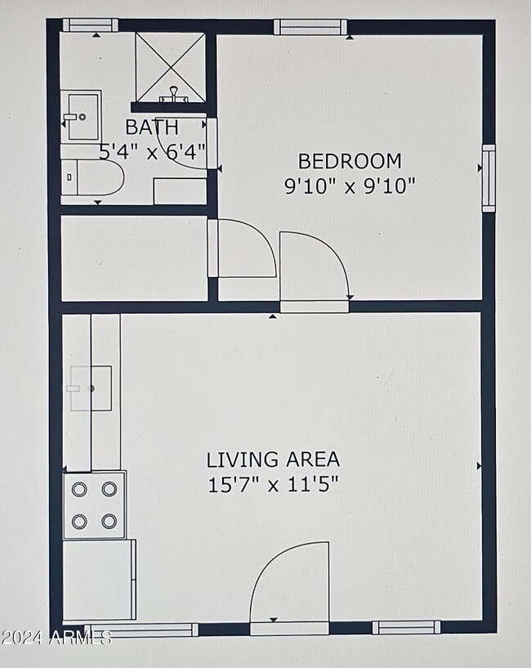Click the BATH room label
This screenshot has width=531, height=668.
click(x=152, y=127)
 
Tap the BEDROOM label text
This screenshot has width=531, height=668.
click(x=350, y=161)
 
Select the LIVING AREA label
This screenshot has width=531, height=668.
click(x=273, y=460)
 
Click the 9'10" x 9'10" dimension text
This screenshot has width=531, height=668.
click(x=350, y=186)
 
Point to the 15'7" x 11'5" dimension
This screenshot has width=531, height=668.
click(x=273, y=484)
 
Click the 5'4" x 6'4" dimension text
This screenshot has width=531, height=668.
click(x=152, y=151)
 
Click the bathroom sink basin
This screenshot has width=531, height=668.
click(x=83, y=116)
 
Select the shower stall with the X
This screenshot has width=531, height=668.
click(x=171, y=67)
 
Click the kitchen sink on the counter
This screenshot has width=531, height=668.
click(x=91, y=388)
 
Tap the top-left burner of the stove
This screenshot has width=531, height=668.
click(x=79, y=489)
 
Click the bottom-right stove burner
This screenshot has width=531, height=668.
click(x=109, y=521)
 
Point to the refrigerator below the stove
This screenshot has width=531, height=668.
click(x=99, y=580)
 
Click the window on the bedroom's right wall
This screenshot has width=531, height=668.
click(x=489, y=178)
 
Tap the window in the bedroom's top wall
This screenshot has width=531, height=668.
click(x=310, y=27)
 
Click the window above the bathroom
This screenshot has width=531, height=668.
click(x=91, y=25)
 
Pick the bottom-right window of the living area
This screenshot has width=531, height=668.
click(x=406, y=627)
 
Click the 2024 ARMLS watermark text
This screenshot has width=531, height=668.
click(x=56, y=638)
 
